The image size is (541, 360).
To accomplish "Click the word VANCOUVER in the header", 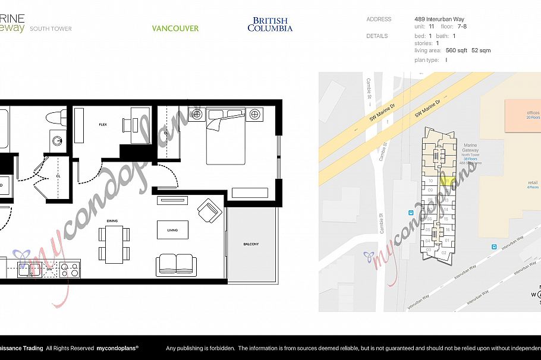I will pos(175,29).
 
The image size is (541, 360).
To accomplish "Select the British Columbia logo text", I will pos(270,24).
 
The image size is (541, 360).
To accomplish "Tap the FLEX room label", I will pos(102,125).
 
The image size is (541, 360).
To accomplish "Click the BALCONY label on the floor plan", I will pos(250,244).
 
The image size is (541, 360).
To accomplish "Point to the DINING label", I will pos(112,221).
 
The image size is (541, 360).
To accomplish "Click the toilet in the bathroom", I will pos(58,118).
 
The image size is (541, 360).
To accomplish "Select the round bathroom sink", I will pos(57,141).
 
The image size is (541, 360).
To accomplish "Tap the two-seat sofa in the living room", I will pos(176,264).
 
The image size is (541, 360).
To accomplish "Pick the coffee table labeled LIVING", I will pos(172,229).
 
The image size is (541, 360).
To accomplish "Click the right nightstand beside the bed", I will pos(255,113).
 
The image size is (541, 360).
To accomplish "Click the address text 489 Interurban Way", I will pos(439,20).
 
